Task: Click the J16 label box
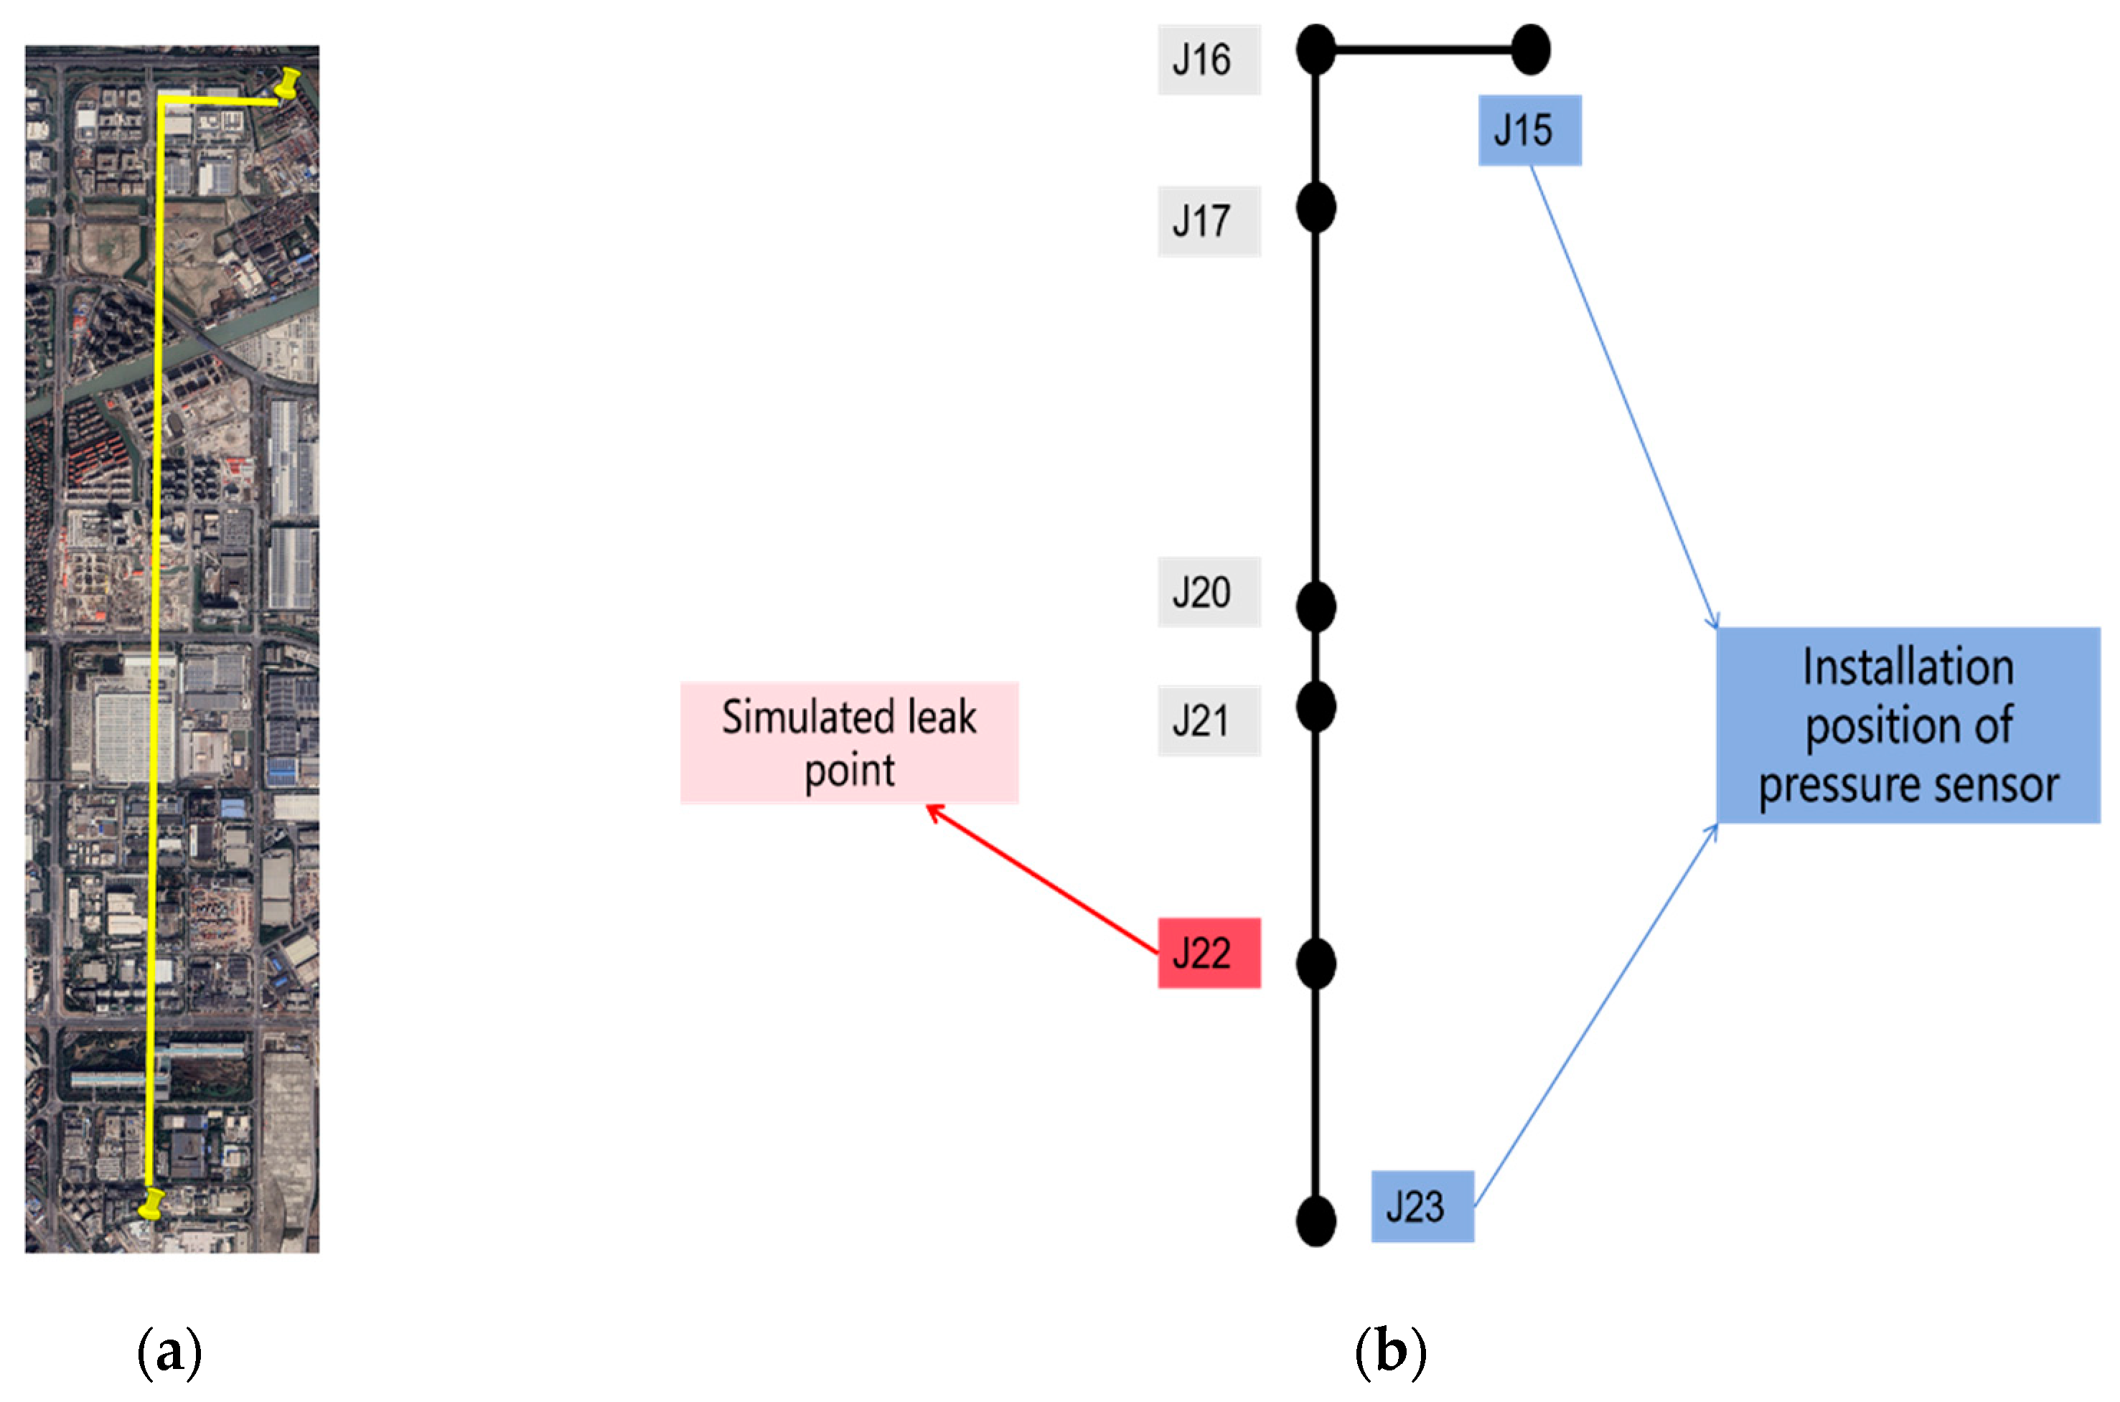click(1208, 60)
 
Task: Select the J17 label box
click(1208, 221)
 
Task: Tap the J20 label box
click(1208, 592)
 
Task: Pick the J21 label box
click(1208, 720)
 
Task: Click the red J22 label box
click(1208, 953)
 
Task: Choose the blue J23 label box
click(1422, 1206)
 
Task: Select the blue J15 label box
click(1529, 131)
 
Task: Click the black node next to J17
click(1315, 208)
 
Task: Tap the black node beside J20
click(1315, 606)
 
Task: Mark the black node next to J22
click(1315, 964)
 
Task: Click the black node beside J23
click(1315, 1220)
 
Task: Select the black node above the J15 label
click(1530, 50)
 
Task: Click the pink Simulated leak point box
click(848, 742)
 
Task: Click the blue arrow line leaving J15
click(1623, 393)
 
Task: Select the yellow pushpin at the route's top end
click(289, 84)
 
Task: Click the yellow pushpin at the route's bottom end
click(152, 1203)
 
